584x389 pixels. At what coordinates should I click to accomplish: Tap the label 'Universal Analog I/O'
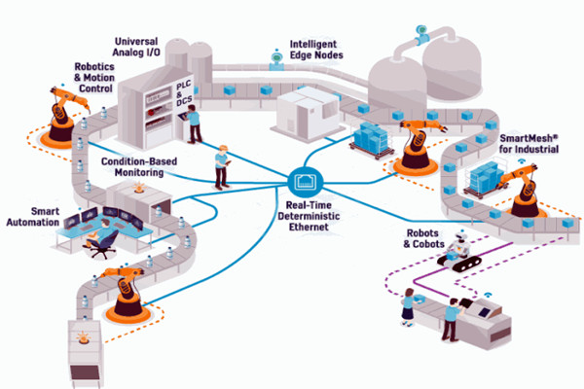[x=146, y=49]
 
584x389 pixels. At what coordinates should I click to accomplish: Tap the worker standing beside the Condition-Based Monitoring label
[x=222, y=165]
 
